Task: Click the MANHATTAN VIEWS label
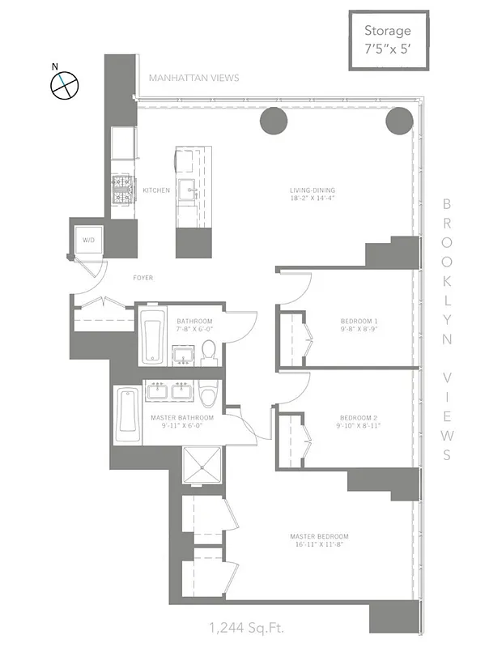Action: coord(193,78)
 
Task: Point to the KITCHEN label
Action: coord(156,190)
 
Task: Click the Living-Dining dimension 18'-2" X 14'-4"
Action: coord(313,198)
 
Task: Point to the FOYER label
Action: coord(143,278)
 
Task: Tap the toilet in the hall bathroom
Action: coord(208,351)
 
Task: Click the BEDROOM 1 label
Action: coord(359,322)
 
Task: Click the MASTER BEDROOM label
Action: coord(320,536)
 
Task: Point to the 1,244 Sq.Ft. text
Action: coord(246,626)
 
